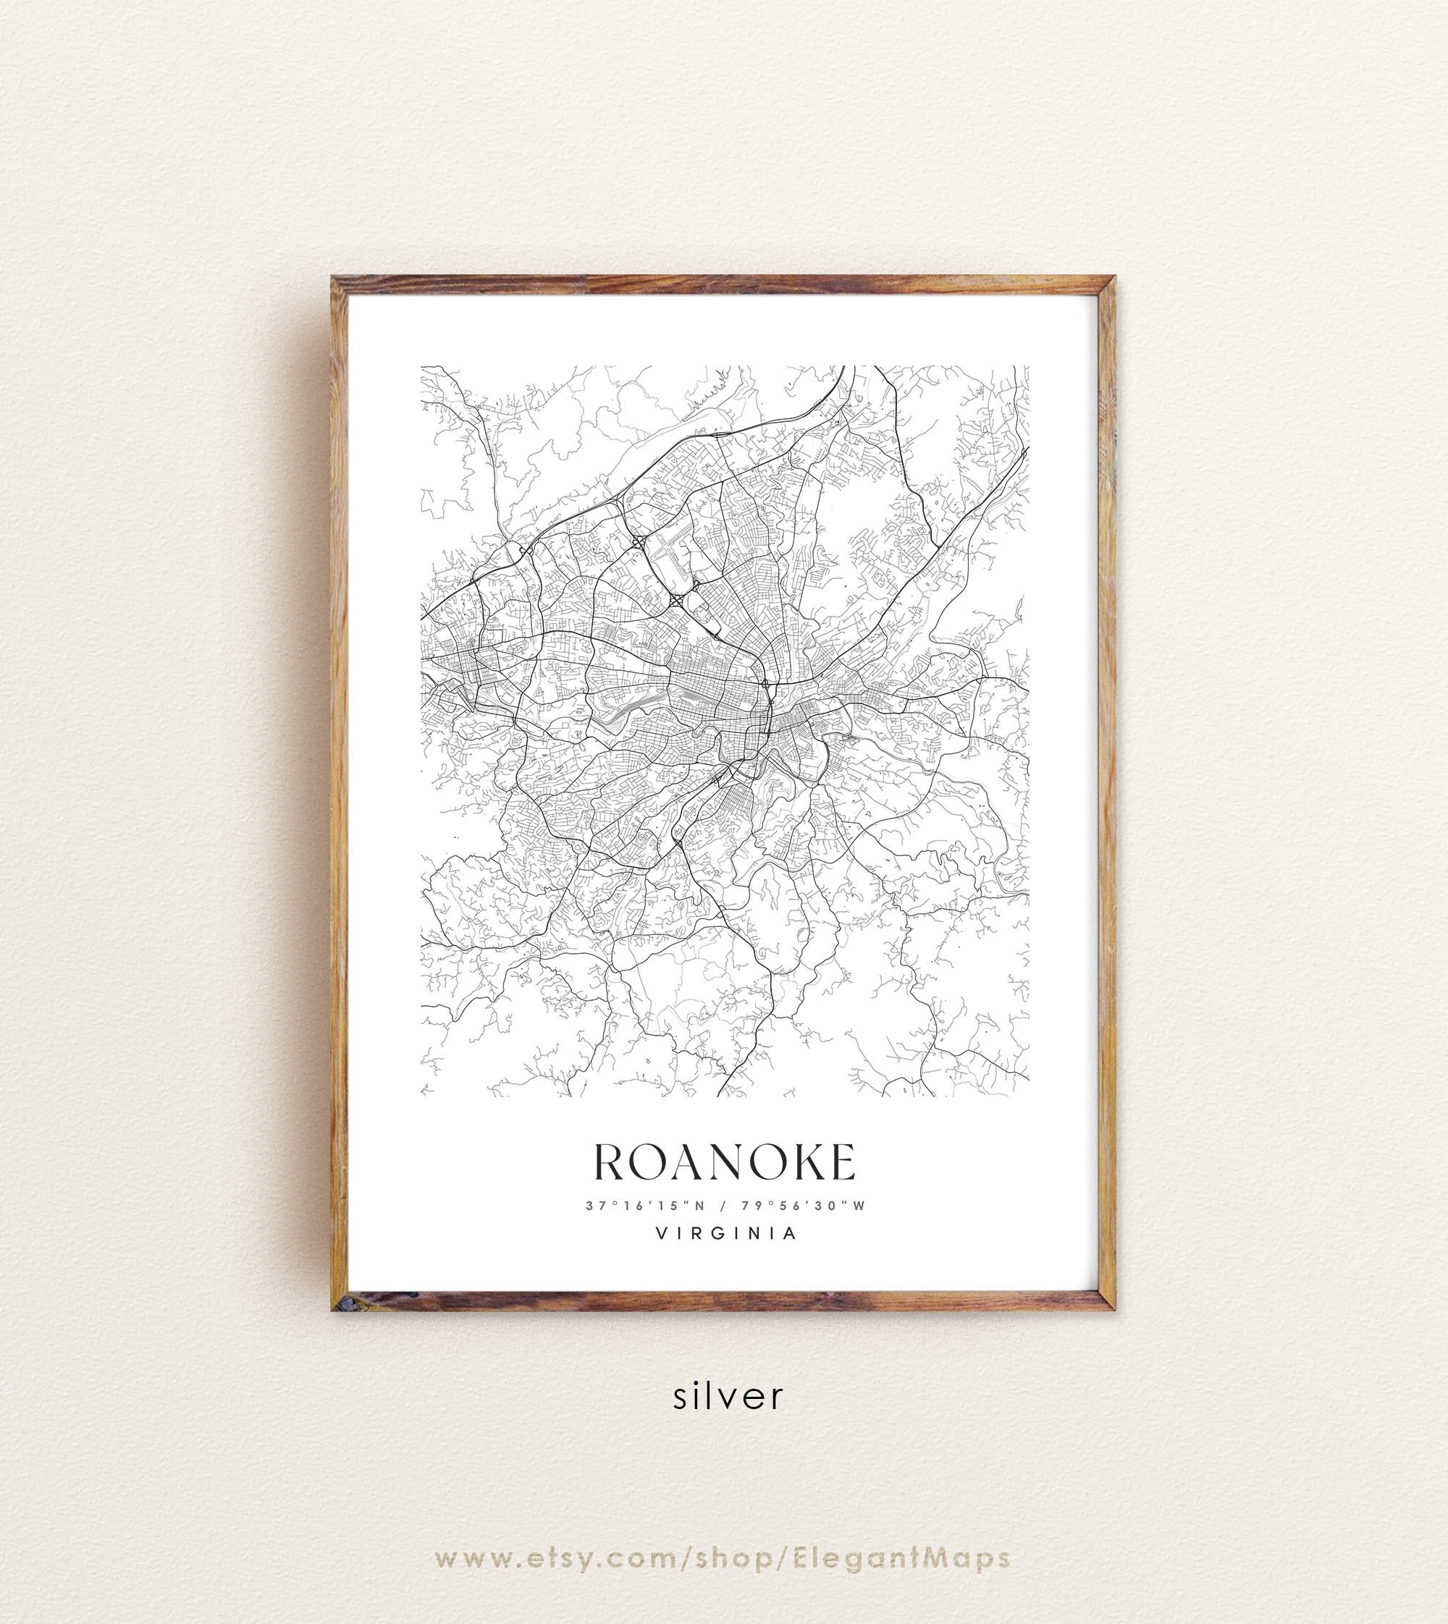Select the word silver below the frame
pos(728,1396)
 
